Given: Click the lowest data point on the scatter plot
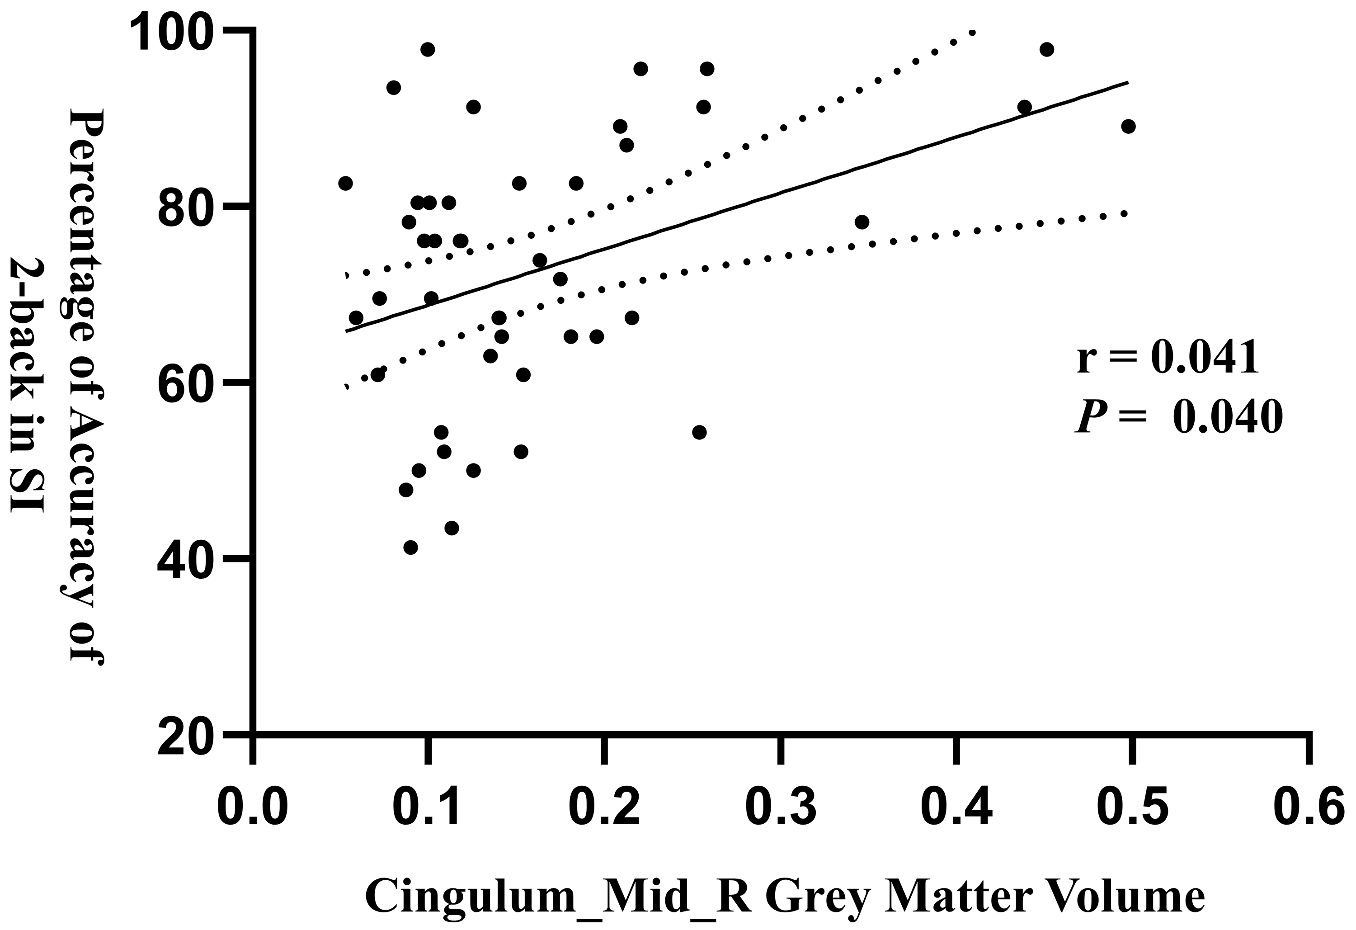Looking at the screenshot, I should pos(411,548).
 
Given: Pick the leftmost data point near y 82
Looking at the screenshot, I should pos(345,183).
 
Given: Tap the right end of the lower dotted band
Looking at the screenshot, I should pos(1126,214).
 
